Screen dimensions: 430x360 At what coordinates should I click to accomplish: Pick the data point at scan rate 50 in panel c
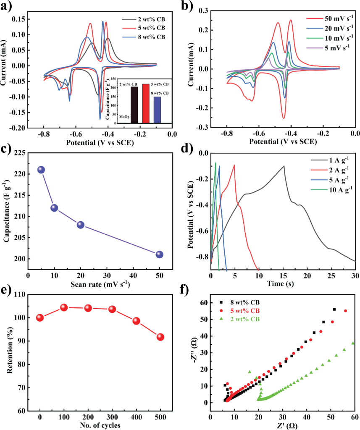[159, 254]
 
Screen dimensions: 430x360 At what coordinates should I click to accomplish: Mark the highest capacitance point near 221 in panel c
[41, 170]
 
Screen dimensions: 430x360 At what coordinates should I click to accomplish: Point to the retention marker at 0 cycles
[40, 318]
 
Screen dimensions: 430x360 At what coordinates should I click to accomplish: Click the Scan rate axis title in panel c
[100, 284]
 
